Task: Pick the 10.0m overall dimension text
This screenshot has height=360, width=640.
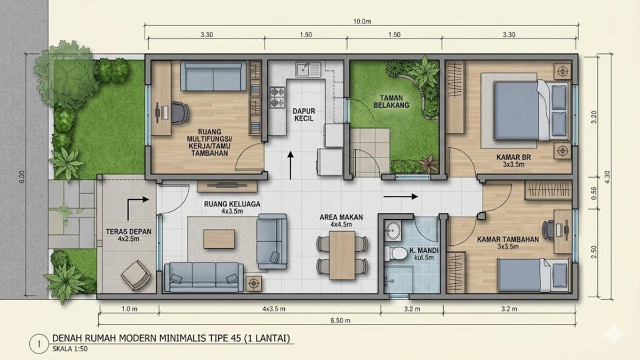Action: click(361, 22)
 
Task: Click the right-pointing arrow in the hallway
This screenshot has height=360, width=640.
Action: click(401, 196)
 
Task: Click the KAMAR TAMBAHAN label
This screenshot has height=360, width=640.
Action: click(507, 239)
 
